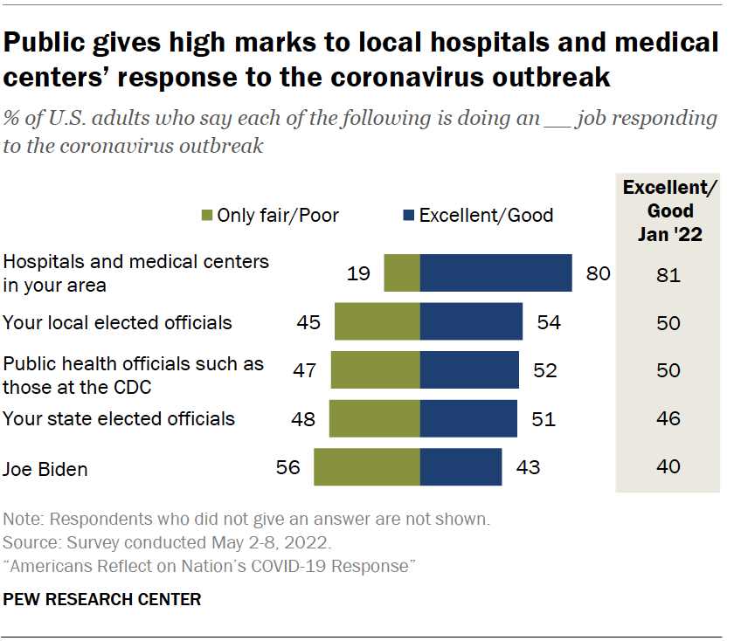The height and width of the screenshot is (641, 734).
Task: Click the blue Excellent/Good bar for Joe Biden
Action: pos(460,467)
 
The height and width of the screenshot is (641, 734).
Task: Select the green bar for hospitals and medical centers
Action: pos(402,273)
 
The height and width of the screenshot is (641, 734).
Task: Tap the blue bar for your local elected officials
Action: pos(471,322)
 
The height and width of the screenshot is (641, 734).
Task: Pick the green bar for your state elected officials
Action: pos(374,419)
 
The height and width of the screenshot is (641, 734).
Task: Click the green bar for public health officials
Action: pos(375,370)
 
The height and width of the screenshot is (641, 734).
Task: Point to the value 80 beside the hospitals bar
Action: pos(598,274)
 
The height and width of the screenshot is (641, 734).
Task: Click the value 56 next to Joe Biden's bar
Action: pos(287,468)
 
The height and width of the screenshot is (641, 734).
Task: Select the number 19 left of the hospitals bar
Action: pos(357,274)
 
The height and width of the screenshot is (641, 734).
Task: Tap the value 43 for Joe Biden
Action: pos(528,468)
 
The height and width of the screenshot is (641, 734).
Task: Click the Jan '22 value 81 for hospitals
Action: pos(668,277)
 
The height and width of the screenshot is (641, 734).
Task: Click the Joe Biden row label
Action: pos(45,469)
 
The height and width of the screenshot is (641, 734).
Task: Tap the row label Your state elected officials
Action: pos(119,419)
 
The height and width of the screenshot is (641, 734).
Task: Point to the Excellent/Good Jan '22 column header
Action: pos(670,210)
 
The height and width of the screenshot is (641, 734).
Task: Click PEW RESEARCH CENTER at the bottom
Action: pos(102,600)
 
